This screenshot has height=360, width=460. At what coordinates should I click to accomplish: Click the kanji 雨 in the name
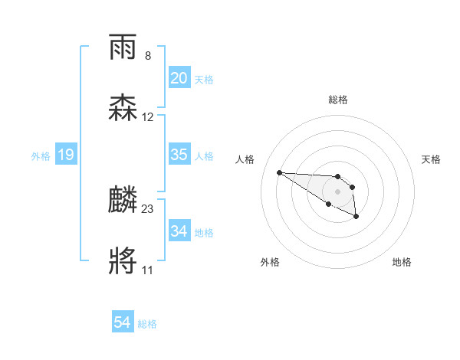click(123, 48)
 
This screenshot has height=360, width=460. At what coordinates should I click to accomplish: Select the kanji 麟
click(123, 201)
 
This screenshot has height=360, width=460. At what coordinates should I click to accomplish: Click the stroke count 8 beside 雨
click(148, 56)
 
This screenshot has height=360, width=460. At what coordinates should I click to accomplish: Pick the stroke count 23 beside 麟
click(148, 208)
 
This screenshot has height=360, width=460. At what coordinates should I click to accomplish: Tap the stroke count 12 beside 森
click(148, 117)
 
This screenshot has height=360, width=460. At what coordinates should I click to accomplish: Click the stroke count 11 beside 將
click(147, 270)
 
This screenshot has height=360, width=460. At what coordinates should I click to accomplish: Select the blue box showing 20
click(179, 78)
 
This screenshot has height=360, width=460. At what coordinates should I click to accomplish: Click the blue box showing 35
click(179, 155)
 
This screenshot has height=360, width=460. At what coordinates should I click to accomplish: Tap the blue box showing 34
click(179, 231)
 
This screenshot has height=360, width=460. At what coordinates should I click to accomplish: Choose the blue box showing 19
click(65, 155)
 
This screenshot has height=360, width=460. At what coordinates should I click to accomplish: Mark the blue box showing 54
click(122, 323)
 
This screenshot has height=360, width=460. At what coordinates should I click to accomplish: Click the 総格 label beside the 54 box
click(147, 324)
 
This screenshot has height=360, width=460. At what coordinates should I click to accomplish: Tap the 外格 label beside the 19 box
click(41, 156)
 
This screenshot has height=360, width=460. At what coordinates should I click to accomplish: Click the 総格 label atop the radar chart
click(337, 100)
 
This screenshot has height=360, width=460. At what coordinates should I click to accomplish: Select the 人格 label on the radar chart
click(245, 159)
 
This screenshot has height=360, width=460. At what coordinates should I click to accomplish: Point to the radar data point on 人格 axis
click(280, 172)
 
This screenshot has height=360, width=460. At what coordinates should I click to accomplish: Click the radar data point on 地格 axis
click(356, 217)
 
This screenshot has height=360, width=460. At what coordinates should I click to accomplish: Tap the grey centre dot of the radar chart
click(337, 191)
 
